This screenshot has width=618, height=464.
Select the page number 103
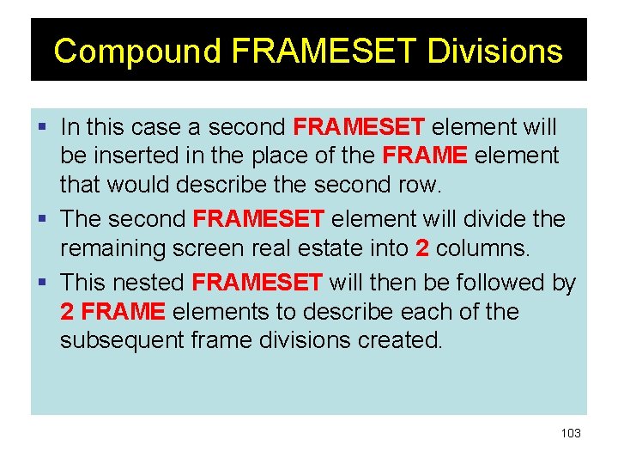[571, 433]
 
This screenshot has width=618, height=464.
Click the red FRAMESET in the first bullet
[358, 128]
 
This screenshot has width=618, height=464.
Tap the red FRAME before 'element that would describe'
[424, 157]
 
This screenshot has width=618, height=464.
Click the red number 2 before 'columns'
[421, 249]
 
